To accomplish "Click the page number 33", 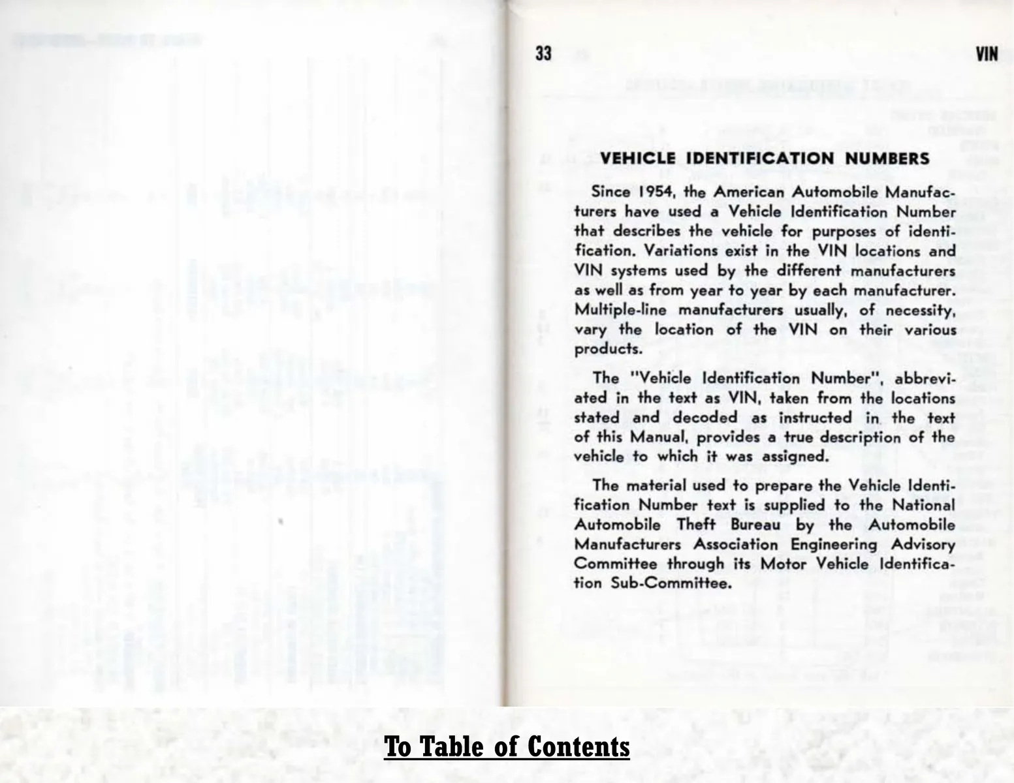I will coord(543,54).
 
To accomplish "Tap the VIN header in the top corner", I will coord(987,54).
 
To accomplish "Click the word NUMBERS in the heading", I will coord(887,159).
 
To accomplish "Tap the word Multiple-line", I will coord(613,310).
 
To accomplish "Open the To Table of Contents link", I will coord(507,746).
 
